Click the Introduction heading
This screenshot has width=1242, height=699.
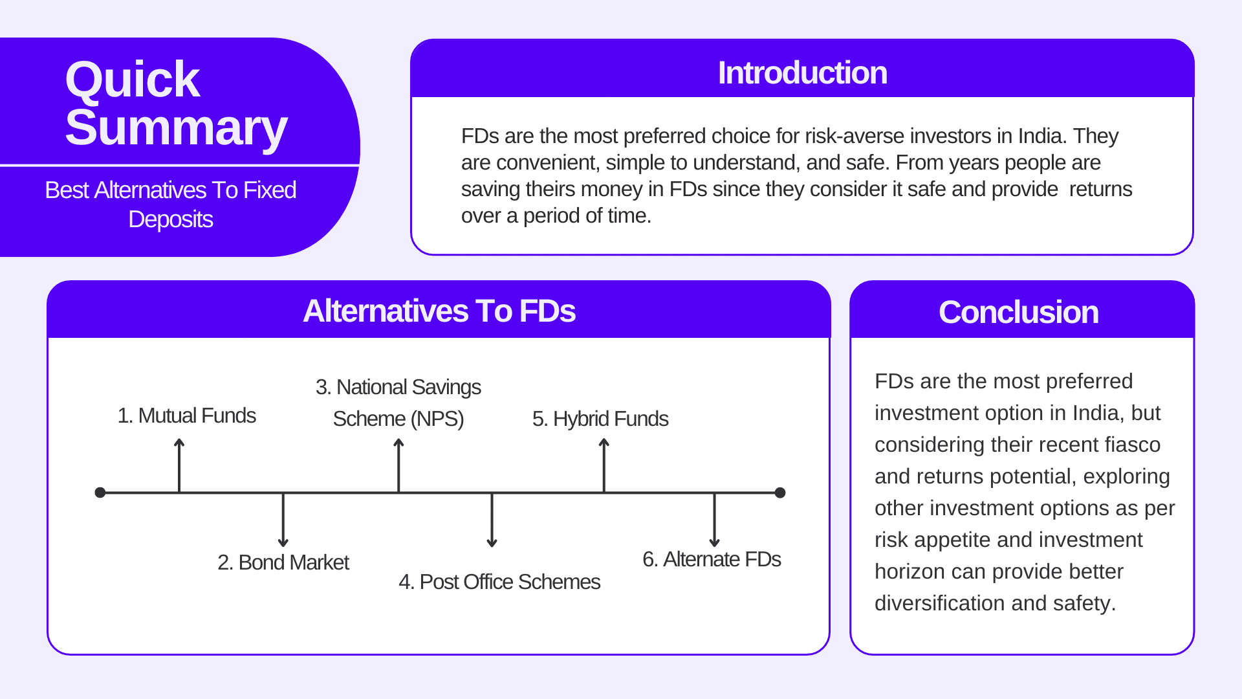point(802,72)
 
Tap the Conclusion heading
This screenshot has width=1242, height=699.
point(1018,312)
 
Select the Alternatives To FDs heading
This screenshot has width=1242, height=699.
point(439,311)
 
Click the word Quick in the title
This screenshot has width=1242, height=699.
point(132,80)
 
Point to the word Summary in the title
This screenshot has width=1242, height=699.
point(176,128)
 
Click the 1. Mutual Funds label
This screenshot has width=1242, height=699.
point(186,416)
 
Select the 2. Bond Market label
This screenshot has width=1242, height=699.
point(283,562)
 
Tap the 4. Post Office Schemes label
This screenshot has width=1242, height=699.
point(499,582)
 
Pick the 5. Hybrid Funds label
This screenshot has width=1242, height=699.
point(600,419)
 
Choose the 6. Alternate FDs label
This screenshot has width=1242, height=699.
point(711,559)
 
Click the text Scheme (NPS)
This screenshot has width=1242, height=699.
point(398,419)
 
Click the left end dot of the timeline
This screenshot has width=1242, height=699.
point(100,493)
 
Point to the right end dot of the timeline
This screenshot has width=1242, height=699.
point(780,493)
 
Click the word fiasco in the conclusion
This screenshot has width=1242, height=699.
point(1132,445)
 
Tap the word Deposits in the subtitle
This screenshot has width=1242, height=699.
point(170,219)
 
